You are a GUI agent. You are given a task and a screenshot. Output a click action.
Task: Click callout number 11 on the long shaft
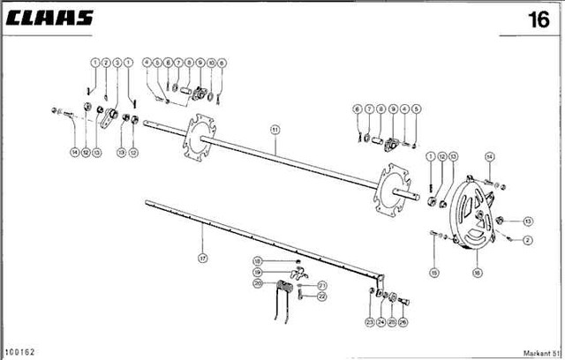[x=275, y=130]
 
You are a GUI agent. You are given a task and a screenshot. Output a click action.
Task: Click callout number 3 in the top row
[x=117, y=62]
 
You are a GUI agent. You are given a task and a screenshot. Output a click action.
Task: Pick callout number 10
[x=211, y=62]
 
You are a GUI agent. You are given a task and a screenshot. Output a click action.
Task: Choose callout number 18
[x=257, y=260]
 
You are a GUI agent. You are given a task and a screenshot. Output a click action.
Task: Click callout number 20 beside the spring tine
[x=257, y=283]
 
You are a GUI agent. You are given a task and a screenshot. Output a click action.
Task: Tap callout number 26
[x=404, y=322]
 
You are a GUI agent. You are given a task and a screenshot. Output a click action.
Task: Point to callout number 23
[x=368, y=322]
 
